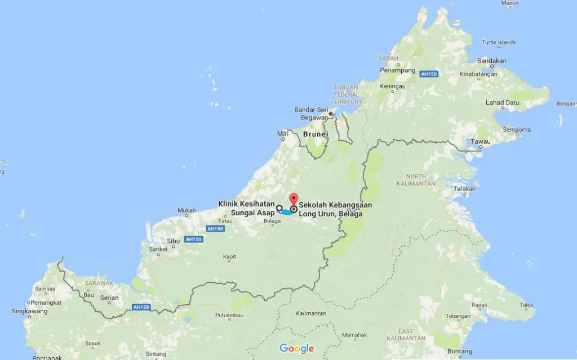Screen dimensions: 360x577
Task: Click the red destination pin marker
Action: [293, 199]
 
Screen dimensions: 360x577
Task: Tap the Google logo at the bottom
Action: [296, 349]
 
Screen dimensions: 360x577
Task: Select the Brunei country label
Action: [314, 135]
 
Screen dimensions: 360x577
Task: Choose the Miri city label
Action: [282, 134]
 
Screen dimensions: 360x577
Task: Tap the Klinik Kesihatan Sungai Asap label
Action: [246, 208]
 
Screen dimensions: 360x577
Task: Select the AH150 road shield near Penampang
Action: [429, 73]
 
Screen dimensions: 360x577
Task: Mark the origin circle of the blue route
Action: [279, 208]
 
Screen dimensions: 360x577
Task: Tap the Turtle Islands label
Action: [498, 42]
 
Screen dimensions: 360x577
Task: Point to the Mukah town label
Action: [187, 211]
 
